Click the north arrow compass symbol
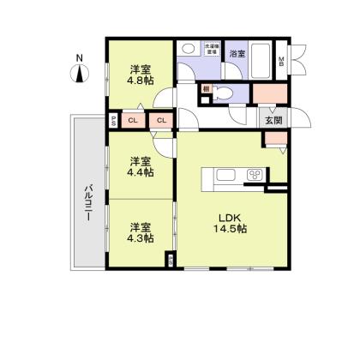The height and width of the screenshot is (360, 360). point(79,74)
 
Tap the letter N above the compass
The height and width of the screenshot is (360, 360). point(79,57)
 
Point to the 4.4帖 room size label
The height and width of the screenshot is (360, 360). point(141,172)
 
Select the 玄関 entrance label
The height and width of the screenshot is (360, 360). point(273,119)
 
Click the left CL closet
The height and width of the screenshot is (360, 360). point(132,121)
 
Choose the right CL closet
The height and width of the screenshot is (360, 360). point(160,121)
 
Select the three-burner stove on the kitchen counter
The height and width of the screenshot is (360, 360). point(255,177)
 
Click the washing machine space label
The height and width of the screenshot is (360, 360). point(210,49)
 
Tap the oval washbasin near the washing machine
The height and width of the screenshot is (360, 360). point(188,49)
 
